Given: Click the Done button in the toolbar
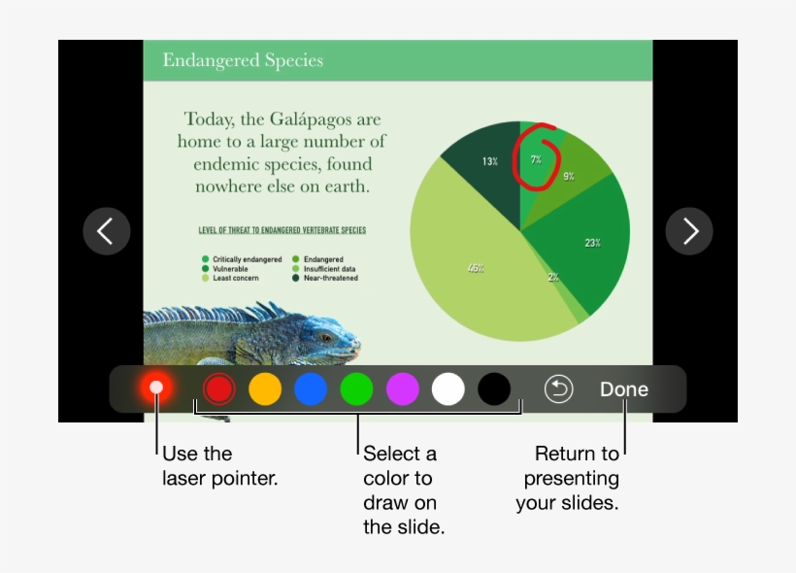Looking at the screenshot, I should tap(623, 389).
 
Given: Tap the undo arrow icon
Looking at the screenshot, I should tap(558, 389).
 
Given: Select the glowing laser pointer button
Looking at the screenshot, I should tap(155, 388).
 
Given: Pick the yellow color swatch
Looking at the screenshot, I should tap(265, 389).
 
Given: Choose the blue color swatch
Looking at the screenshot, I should tap(311, 389).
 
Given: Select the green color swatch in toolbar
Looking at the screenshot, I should tap(356, 389).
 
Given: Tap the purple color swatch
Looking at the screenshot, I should tap(403, 389).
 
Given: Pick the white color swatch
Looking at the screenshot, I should tap(448, 389).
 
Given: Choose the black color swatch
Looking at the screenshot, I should tap(494, 389).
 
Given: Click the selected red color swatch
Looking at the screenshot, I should tap(219, 389).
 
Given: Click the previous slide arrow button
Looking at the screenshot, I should tap(106, 231).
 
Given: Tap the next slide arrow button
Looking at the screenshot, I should tap(689, 231).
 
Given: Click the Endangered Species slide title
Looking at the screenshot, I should tap(243, 60).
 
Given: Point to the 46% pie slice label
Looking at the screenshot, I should tap(476, 268).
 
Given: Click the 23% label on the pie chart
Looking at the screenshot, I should tap(592, 243).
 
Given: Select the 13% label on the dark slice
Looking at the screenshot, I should tap(490, 161).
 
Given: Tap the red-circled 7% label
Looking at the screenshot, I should tap(536, 159).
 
